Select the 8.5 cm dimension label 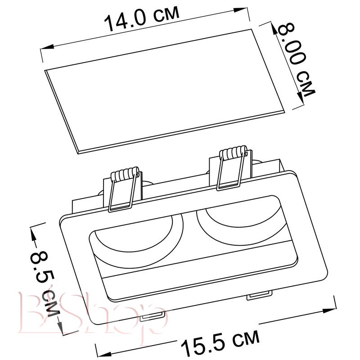[45, 283]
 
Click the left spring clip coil [125, 174]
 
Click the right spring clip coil [233, 152]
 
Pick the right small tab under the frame [260, 295]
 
